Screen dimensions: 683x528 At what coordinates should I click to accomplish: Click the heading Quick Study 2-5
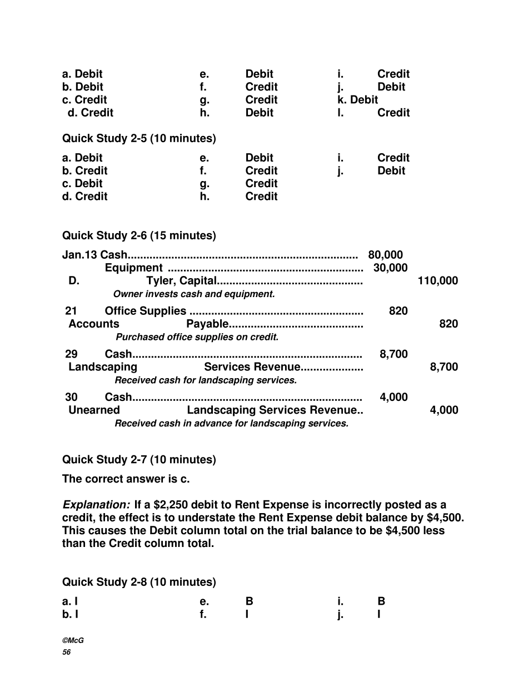coord(139,138)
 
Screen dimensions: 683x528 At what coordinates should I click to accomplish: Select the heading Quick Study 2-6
coord(139,235)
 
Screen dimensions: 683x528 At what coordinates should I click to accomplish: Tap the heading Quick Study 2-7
coord(139,459)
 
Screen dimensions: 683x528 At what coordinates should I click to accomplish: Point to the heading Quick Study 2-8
coord(139,582)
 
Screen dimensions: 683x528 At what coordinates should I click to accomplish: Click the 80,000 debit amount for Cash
coord(385,255)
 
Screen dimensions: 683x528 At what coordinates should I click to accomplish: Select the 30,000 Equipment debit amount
coord(390,268)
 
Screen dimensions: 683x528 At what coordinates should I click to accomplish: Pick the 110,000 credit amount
coord(437,280)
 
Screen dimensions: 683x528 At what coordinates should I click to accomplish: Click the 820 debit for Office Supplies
coord(398,311)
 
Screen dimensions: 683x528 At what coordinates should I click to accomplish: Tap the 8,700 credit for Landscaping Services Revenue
coord(444,366)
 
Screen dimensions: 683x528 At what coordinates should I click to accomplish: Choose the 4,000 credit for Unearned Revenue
coord(444,410)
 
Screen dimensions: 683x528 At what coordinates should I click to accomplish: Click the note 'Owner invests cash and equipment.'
coord(194,294)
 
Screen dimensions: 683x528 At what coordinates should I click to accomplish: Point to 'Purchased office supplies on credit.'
coord(197,337)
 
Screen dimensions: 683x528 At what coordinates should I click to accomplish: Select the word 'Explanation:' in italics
coord(96,505)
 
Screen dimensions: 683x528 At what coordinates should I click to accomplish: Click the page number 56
coord(67,652)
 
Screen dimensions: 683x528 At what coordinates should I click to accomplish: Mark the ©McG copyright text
coord(73,640)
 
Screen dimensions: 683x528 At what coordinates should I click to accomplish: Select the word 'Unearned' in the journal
coord(94,410)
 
